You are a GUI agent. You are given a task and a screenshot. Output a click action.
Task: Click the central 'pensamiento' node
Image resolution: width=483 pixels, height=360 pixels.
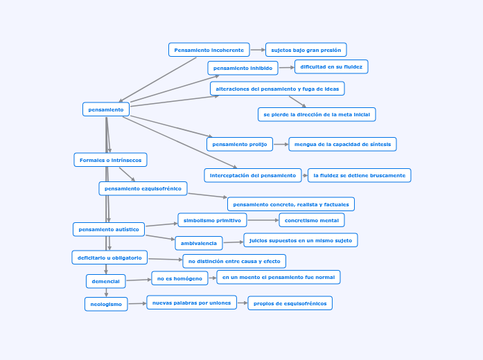(106, 109)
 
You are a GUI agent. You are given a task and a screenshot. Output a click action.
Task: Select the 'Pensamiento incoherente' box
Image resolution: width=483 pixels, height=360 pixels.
(209, 50)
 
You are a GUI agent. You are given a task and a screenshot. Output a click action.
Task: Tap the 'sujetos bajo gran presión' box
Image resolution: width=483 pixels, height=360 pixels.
(306, 50)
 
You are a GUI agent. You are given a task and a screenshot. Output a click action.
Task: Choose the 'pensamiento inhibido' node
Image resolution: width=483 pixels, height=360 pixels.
(243, 68)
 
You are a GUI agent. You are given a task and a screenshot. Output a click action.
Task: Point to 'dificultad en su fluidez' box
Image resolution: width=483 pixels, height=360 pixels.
(331, 66)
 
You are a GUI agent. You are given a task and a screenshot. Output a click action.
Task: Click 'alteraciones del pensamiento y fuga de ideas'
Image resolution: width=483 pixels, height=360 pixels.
(277, 89)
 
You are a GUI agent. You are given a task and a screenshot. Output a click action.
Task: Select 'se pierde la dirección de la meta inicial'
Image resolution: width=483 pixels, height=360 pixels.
(317, 114)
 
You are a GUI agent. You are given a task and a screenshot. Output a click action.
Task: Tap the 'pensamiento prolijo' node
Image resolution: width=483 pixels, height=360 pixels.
(239, 144)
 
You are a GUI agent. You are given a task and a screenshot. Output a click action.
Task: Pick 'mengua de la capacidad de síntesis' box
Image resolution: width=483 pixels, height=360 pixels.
(342, 144)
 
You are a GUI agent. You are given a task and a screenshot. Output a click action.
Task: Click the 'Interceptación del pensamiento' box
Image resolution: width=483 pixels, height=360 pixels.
(253, 175)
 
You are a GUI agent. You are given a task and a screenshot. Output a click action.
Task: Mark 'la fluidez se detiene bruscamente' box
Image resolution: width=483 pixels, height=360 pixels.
(359, 175)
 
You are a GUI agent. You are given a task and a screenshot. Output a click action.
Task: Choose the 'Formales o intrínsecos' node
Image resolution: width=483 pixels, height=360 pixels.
(110, 160)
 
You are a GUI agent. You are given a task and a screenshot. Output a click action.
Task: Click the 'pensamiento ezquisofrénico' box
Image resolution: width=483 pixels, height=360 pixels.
(143, 188)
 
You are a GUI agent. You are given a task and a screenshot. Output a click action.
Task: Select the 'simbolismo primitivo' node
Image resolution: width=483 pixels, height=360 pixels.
(212, 220)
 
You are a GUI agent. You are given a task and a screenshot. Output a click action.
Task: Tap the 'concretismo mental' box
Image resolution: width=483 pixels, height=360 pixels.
(312, 220)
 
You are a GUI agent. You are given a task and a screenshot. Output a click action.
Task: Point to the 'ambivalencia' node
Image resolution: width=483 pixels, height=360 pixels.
(199, 243)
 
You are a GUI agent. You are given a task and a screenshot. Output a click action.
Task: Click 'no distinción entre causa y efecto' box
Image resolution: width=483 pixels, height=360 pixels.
(234, 261)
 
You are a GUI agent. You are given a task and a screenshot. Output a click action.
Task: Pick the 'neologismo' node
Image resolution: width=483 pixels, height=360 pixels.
(106, 304)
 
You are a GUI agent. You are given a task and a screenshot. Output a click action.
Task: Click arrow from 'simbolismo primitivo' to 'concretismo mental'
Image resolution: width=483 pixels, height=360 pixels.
(263, 220)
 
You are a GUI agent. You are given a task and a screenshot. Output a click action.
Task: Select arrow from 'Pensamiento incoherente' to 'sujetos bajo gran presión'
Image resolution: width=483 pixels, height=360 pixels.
(257, 50)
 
